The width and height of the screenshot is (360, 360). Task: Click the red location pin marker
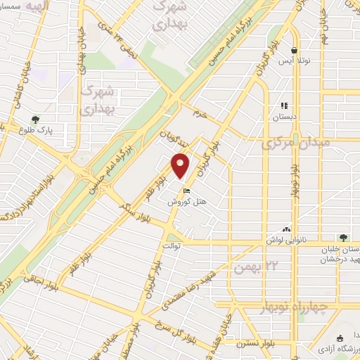point(181,165)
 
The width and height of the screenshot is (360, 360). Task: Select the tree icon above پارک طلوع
point(36,120)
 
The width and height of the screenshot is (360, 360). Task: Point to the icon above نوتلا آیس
point(294,50)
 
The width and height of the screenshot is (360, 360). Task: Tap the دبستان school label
point(285,116)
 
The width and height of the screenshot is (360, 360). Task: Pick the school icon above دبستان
point(285,105)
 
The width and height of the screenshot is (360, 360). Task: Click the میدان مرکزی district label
point(290,146)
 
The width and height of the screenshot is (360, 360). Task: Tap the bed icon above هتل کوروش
point(186,190)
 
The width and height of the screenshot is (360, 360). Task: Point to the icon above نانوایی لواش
point(286,229)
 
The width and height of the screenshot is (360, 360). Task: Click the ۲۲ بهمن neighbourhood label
point(252,267)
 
